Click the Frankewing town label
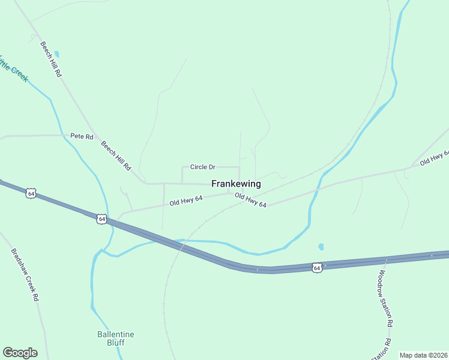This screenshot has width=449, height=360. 236,184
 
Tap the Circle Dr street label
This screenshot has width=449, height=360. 202,167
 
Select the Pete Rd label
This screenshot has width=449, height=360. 82,137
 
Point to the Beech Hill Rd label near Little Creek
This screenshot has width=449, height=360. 52,58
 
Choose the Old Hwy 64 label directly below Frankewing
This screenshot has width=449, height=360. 250,200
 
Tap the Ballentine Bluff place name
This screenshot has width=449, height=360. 116,338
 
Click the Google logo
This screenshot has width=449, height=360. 20,353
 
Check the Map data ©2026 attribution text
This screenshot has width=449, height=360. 423,355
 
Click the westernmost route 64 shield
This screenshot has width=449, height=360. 31,193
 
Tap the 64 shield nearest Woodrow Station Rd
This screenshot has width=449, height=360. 317,267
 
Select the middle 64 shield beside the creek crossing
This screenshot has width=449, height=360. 102,219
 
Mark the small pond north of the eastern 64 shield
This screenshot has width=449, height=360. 321,247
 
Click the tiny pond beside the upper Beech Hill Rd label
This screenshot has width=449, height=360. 56,54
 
